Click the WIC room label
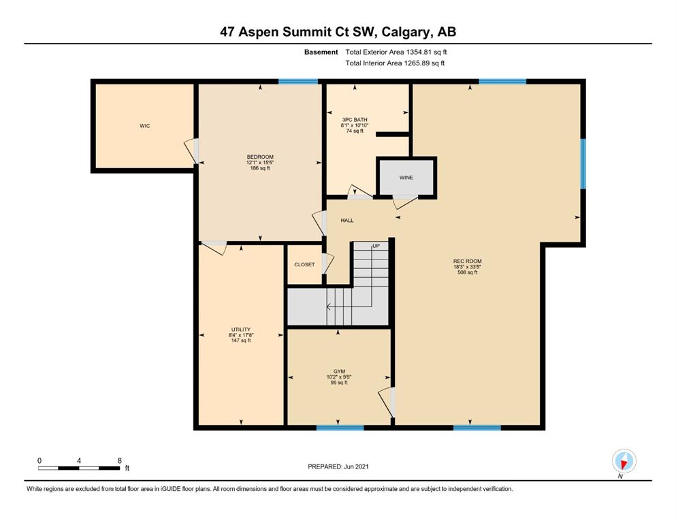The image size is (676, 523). pos(145,126)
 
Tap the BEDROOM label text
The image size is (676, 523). pos(260,157)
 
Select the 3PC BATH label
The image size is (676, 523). pos(355,120)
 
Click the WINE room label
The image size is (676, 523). pos(406,178)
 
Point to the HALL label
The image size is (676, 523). pos(347,221)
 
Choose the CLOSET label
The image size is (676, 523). pos(304,265)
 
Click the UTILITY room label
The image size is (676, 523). pos(240,330)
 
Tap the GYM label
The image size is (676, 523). pos(339,371)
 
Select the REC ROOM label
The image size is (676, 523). pos(467,261)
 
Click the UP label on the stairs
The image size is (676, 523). pos(376,247)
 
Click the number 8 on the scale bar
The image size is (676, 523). pos(119,460)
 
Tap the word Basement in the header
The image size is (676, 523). pos(321,52)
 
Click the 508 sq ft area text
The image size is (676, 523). pos(467,272)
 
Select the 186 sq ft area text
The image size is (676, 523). pos(260,168)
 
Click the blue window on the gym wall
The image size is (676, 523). pos(340,428)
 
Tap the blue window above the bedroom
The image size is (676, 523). pos(298,82)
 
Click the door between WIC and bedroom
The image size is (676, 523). pos(192,150)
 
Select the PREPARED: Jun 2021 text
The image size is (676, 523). pos(338,466)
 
